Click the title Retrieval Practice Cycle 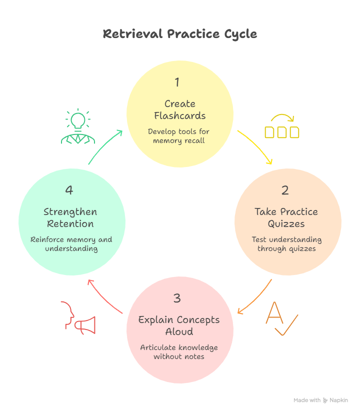(180, 34)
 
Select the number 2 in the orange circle (285, 190)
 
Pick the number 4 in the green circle (69, 190)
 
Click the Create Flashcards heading (180, 110)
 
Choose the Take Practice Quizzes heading (286, 217)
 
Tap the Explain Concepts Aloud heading (179, 325)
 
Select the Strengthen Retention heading (70, 217)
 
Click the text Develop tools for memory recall (179, 136)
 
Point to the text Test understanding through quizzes (286, 244)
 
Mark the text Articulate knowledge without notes (179, 352)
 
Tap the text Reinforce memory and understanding (71, 244)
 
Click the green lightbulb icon (78, 127)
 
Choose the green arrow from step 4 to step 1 (104, 147)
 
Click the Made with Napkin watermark (320, 400)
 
